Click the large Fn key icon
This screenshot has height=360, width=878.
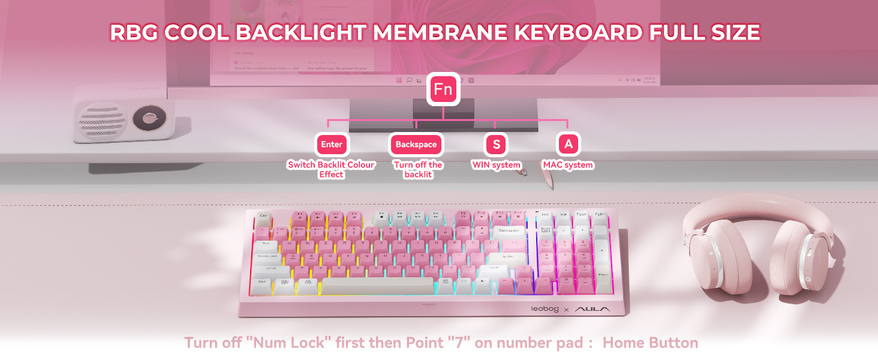tap(443, 89)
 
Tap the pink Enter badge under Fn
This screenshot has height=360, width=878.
tap(332, 145)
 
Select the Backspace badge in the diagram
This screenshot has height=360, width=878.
tap(417, 145)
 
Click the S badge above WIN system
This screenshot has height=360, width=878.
tap(496, 145)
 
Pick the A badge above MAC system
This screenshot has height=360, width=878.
tap(568, 145)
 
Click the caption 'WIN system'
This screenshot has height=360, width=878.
tap(497, 165)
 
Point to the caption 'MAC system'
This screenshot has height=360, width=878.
tap(568, 165)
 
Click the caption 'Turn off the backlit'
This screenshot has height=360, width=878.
tap(418, 169)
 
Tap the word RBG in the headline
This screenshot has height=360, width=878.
tap(134, 32)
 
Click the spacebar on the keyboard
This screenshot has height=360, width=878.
tap(377, 286)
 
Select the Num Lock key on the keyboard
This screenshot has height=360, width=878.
tap(546, 230)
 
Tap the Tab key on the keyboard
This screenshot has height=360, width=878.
tap(266, 244)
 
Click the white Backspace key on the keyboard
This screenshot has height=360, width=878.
tap(509, 230)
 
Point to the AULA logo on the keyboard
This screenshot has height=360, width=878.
tap(593, 309)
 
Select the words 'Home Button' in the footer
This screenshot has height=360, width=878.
tap(650, 343)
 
